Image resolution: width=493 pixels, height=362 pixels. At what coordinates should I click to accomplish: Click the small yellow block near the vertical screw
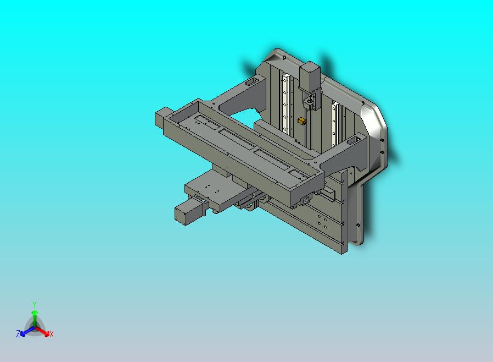(301, 121)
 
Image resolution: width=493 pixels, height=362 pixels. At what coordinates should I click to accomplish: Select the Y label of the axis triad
(35, 304)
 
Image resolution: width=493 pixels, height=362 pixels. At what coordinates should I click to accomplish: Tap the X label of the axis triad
(52, 334)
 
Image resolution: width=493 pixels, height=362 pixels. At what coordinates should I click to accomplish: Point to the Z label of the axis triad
(18, 333)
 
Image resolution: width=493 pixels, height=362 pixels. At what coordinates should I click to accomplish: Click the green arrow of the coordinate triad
(35, 317)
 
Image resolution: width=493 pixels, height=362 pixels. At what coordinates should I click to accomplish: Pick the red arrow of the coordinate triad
(42, 331)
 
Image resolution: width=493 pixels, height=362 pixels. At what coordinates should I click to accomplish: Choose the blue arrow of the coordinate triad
(27, 331)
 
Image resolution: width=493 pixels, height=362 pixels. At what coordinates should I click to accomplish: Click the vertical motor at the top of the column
(310, 75)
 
